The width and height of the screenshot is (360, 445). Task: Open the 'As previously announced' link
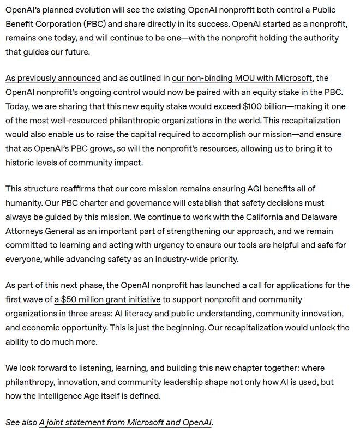point(53,78)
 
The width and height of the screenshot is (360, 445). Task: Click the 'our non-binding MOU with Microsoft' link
point(242,78)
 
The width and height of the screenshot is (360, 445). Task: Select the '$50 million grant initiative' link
point(107,299)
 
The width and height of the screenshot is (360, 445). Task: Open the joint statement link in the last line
point(125,423)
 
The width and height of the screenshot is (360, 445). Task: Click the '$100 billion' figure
point(266,106)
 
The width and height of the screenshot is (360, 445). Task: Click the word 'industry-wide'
point(182,259)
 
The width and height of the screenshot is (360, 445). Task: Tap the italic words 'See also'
point(21,423)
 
